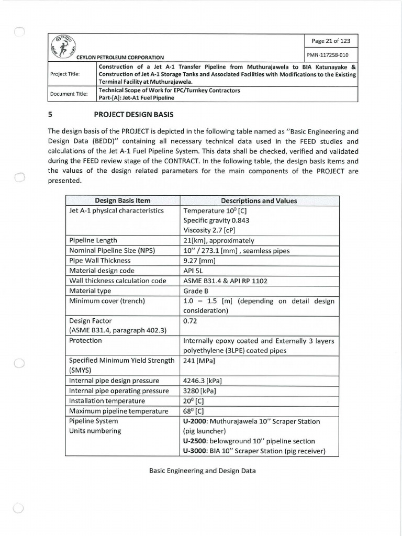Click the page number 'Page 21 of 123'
coord(331,41)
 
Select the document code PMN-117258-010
coord(330,55)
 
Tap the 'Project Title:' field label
coord(65,74)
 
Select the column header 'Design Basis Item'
coord(122,200)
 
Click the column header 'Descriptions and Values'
coord(259,200)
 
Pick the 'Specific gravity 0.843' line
coord(216,220)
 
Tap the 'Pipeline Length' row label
coord(93,240)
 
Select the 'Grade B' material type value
coord(196,291)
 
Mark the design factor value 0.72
coord(190,320)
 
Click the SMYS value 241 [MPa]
coord(200,361)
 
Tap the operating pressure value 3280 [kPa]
coord(200,390)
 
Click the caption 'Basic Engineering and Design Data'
coord(203,471)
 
